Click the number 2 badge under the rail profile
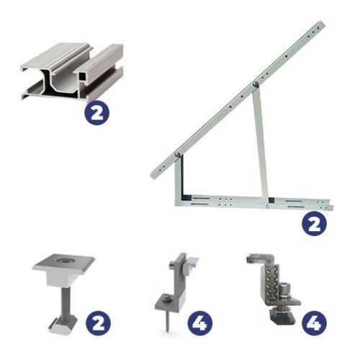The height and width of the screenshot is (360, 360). (x=97, y=112)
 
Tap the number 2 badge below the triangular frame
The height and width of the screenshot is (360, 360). (x=314, y=224)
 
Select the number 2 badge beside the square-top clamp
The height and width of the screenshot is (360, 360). (x=98, y=323)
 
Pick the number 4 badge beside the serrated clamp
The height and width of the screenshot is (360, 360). (x=314, y=323)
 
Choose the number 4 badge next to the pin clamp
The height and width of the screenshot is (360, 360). (x=200, y=323)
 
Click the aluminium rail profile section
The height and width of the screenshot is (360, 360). (x=72, y=72)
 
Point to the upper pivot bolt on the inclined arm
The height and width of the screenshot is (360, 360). (x=256, y=84)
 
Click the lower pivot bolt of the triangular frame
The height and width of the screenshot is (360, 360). (x=178, y=154)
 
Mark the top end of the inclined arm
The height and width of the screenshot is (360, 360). (x=322, y=24)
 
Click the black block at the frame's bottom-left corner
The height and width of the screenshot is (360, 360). (x=186, y=198)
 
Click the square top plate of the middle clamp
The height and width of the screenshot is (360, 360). (x=63, y=264)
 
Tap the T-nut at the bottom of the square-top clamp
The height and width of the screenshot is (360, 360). (x=63, y=325)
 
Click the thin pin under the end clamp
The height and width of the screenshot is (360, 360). (x=167, y=320)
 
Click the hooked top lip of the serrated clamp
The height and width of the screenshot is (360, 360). (x=261, y=258)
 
